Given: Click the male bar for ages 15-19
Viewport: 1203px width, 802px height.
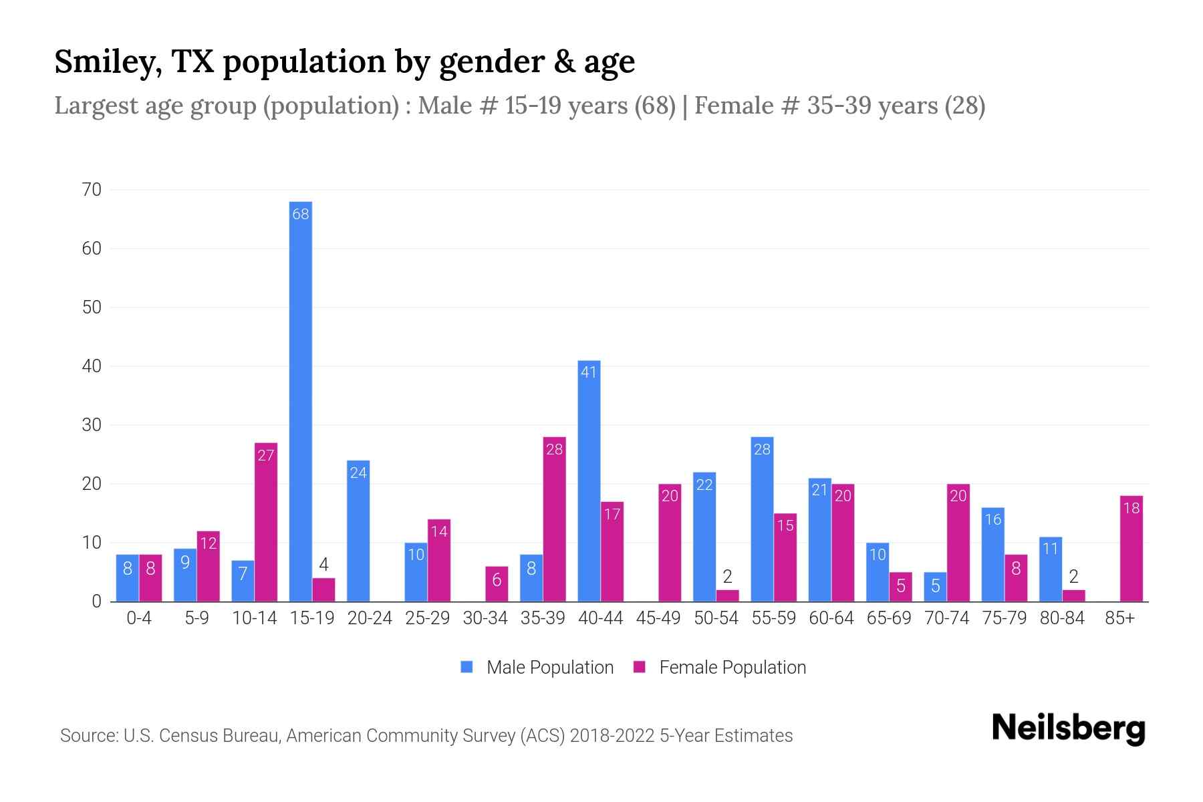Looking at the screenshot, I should click(x=301, y=401).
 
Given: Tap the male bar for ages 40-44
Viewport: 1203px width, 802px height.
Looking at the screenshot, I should click(x=589, y=481).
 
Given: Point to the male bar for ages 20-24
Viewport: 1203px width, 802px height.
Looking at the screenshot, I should click(x=358, y=531).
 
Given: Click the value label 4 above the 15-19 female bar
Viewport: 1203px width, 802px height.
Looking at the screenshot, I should click(x=323, y=565).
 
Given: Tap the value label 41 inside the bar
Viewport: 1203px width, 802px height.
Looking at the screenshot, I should click(x=589, y=372).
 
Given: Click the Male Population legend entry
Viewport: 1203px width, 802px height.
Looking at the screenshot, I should click(x=537, y=668).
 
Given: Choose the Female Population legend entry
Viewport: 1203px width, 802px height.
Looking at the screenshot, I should click(x=720, y=668).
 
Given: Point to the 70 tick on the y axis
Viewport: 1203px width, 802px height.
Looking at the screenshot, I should click(x=92, y=190).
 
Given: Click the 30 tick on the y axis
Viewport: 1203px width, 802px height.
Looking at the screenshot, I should click(x=92, y=425).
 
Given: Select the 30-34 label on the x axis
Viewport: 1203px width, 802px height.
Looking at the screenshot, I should click(x=485, y=618).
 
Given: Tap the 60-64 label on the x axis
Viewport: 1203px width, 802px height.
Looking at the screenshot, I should click(x=831, y=618).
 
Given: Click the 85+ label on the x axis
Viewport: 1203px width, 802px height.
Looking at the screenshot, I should click(x=1119, y=618).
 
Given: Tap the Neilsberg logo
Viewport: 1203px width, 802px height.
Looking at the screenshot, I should click(x=1068, y=728).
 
